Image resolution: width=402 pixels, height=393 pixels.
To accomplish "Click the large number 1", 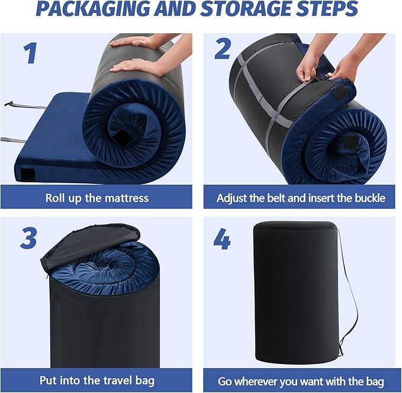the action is (x=31, y=53).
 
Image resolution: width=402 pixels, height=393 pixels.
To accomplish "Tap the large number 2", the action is (x=223, y=49).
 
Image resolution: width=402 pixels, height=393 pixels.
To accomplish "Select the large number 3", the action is (x=28, y=238).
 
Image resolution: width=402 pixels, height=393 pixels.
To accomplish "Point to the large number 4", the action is (x=222, y=239).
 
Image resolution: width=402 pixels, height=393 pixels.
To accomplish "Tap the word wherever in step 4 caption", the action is (x=256, y=381).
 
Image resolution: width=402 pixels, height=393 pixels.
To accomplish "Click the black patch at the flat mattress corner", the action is (x=27, y=174).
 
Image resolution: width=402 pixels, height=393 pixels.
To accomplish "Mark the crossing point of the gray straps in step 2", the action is (x=272, y=117).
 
